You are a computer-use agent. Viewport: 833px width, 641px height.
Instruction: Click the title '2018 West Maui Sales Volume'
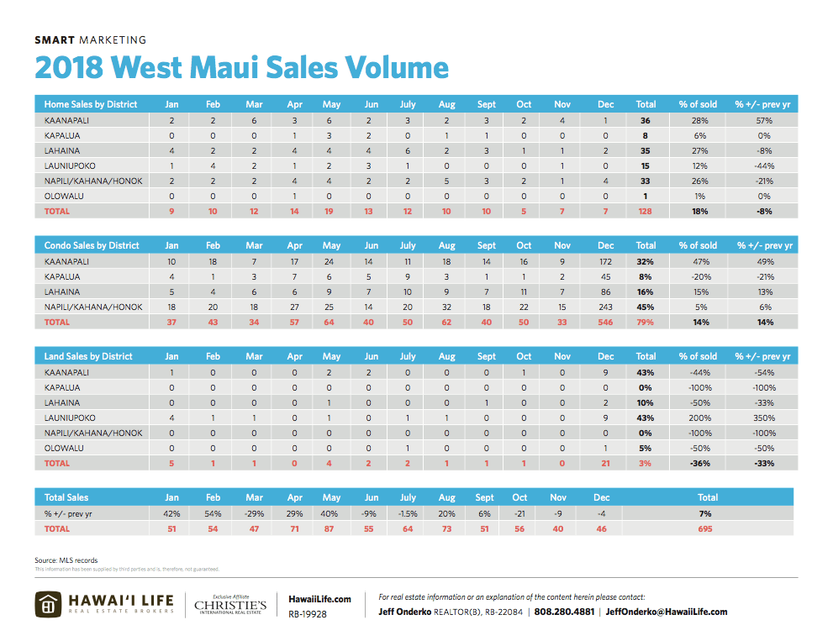click(241, 67)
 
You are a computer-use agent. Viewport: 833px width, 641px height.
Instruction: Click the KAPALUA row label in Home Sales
click(63, 135)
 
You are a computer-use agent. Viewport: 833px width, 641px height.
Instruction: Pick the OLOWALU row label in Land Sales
click(64, 448)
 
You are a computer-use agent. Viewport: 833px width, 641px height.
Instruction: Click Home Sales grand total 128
click(646, 211)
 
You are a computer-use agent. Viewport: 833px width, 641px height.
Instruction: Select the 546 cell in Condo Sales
click(605, 322)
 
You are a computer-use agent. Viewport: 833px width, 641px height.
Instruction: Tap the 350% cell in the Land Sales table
click(763, 418)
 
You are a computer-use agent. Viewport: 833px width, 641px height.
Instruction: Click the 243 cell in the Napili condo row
click(605, 307)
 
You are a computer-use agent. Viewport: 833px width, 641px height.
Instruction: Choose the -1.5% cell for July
click(408, 512)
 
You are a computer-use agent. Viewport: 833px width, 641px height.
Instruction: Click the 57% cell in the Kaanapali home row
click(763, 120)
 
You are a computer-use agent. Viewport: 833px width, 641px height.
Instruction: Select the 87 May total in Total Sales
click(331, 528)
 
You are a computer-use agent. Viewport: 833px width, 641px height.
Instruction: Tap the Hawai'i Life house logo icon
click(50, 605)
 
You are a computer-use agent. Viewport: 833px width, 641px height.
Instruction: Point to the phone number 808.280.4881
click(564, 612)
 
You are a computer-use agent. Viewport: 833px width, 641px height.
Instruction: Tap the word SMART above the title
click(55, 39)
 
